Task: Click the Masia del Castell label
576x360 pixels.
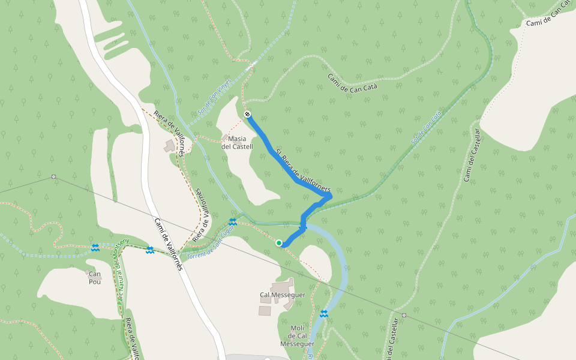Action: click(237, 142)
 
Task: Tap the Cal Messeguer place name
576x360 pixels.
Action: click(283, 295)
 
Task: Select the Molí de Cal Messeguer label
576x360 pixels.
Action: click(297, 336)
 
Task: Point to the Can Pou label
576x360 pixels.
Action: click(95, 278)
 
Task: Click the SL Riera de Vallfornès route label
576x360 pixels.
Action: click(304, 170)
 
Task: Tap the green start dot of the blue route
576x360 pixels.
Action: click(279, 243)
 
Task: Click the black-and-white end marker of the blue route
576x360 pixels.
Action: click(247, 114)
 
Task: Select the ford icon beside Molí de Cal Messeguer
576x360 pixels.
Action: click(324, 314)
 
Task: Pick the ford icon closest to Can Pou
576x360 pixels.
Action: click(95, 247)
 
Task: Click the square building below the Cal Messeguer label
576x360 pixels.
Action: click(265, 311)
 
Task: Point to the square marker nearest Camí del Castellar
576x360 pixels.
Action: click(404, 314)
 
